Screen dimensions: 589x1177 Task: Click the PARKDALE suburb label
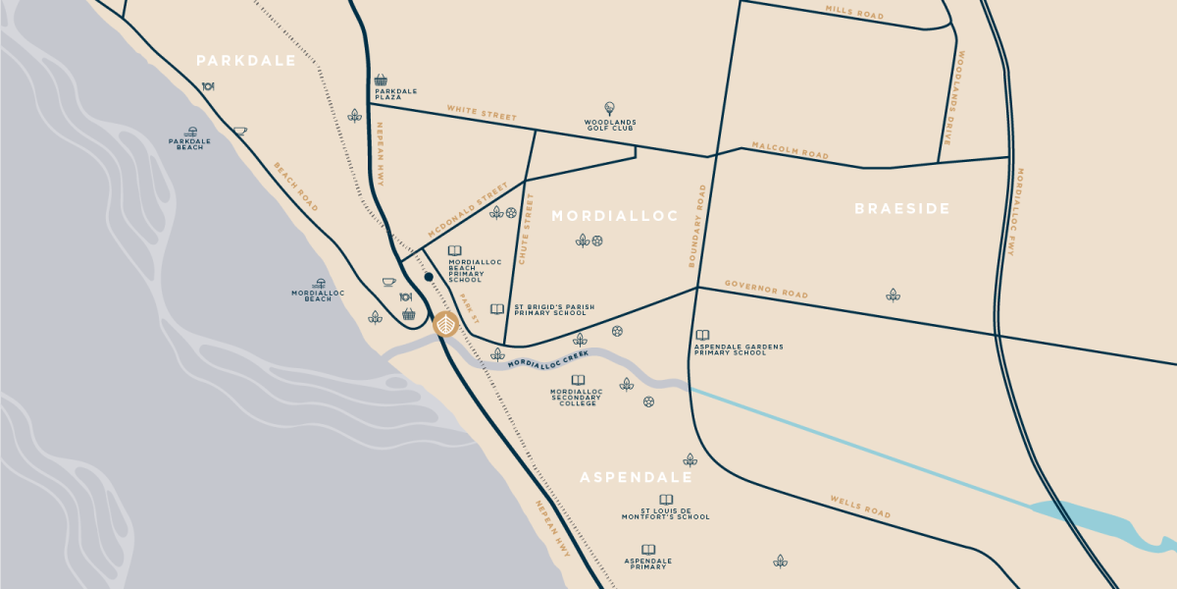245,61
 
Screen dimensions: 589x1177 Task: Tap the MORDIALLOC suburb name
614,216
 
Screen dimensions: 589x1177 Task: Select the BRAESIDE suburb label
901,208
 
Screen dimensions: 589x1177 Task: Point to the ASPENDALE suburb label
636,478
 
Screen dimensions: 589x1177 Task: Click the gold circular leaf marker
445,324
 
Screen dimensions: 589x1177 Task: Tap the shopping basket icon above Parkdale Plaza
381,80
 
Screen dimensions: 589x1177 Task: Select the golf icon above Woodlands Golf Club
609,108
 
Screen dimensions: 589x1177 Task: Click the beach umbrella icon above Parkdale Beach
190,131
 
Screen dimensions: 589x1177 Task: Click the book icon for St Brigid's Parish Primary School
497,309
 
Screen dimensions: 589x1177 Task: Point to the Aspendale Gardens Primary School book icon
702,335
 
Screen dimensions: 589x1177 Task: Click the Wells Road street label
860,507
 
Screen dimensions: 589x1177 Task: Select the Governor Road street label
766,289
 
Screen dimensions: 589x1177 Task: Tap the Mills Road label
854,14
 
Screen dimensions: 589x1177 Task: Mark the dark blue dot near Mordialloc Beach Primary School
429,278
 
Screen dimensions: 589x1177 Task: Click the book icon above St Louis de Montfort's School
666,500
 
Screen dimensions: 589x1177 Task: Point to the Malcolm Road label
790,150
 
